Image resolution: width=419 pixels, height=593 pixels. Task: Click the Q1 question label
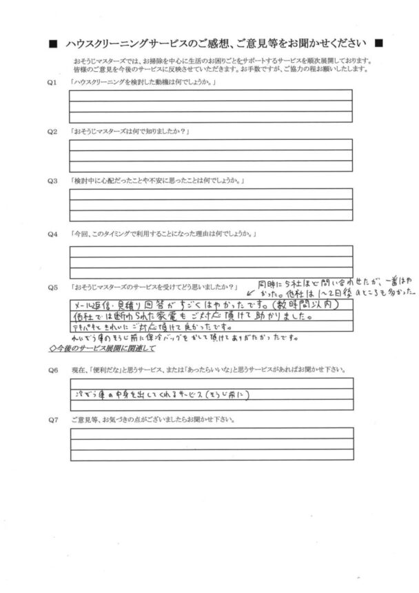tap(50, 83)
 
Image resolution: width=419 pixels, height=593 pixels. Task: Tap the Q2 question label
tap(50, 132)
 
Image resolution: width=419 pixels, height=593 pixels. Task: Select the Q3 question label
tap(50, 181)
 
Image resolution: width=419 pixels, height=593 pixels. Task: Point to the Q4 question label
tap(50, 234)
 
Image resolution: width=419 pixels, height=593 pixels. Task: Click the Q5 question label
tap(50, 286)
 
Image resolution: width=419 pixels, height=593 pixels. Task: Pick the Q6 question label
tap(50, 370)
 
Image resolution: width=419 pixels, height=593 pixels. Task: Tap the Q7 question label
tap(50, 419)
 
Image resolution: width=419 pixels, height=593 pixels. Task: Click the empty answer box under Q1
tap(210, 106)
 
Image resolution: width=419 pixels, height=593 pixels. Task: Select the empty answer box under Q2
tap(210, 155)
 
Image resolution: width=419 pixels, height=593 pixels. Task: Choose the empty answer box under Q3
tap(210, 204)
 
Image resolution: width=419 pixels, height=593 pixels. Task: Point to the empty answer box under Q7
tap(210, 444)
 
